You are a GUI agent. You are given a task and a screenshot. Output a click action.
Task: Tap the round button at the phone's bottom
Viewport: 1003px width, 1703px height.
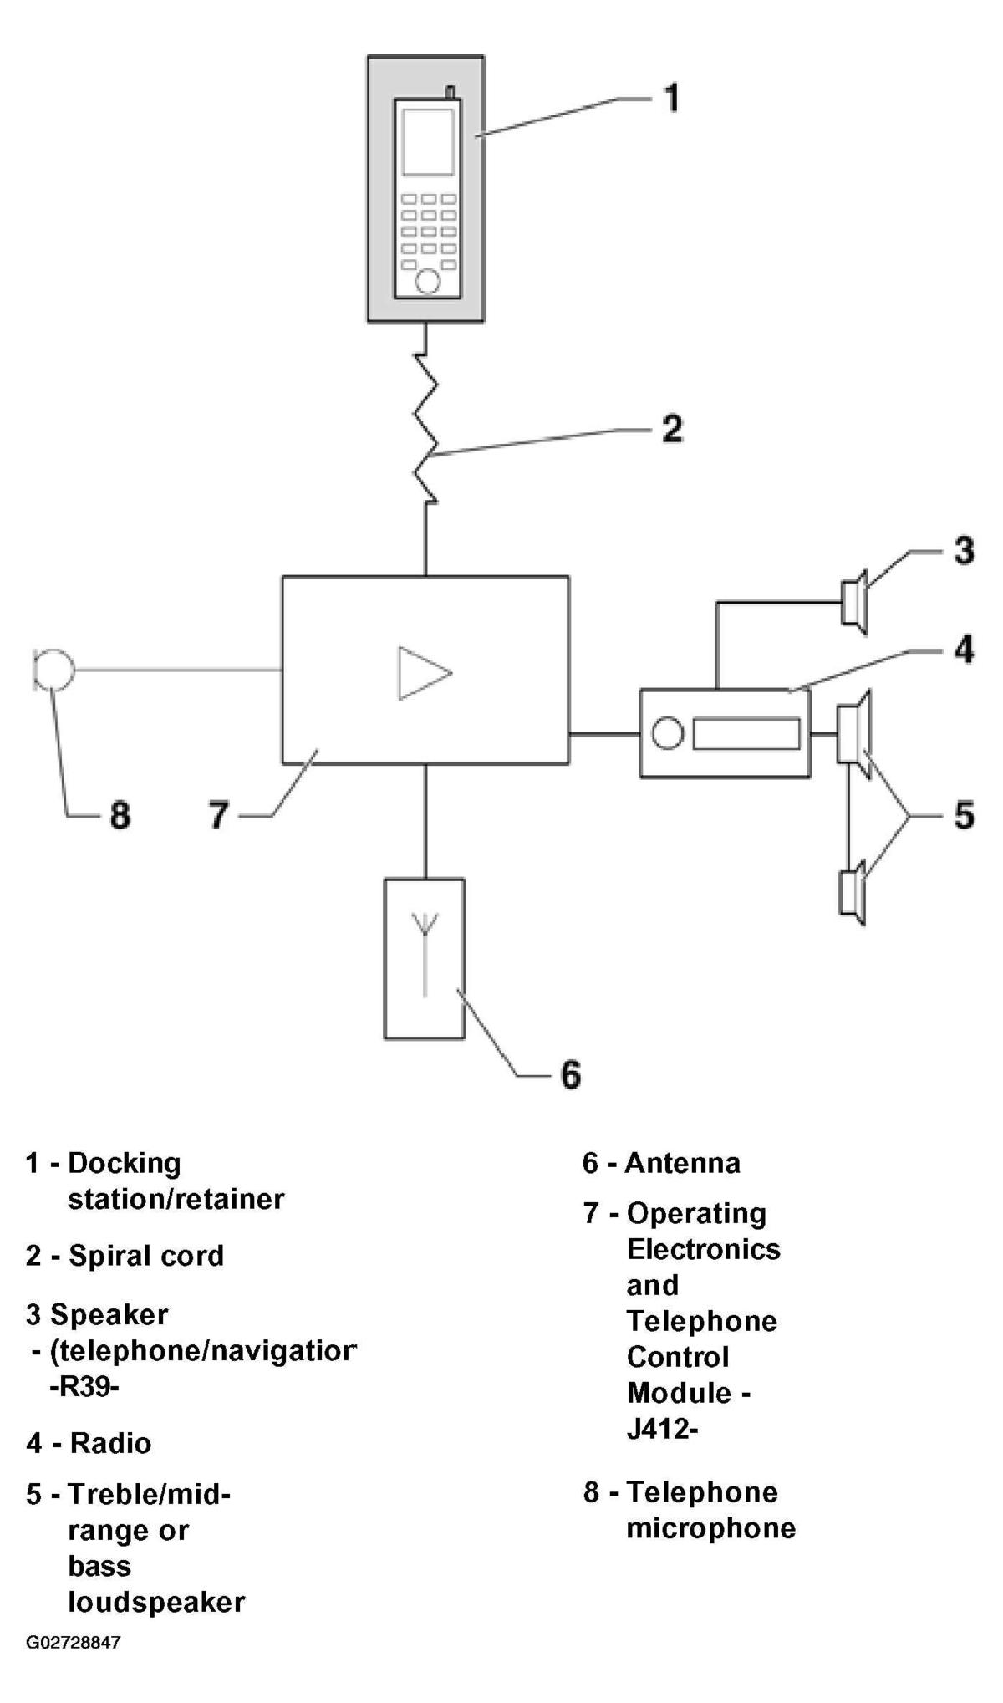(428, 281)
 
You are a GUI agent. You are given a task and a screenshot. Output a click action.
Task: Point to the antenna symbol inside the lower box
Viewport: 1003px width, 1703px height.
(425, 953)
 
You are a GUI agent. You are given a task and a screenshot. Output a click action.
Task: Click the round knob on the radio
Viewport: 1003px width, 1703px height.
(667, 733)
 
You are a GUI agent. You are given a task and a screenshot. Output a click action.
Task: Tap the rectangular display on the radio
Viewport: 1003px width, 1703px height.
(746, 733)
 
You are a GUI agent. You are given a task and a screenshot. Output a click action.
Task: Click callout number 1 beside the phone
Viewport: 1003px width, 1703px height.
(671, 98)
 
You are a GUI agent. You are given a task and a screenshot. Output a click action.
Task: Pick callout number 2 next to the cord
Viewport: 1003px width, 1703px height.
(672, 428)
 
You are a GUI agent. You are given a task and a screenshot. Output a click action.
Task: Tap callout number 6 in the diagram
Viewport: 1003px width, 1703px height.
(570, 1074)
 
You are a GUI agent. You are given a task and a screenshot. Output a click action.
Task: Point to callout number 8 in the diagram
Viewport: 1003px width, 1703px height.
(120, 814)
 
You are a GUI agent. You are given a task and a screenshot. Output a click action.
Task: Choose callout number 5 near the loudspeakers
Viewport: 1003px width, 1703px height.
(965, 814)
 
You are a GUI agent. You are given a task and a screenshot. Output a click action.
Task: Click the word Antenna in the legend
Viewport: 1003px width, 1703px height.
(683, 1163)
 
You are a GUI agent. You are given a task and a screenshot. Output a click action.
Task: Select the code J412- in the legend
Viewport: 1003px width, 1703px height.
(662, 1429)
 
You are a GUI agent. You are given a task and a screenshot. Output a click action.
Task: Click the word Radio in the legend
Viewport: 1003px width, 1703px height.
(110, 1443)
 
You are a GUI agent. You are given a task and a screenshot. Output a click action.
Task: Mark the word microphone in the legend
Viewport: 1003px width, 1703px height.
(711, 1529)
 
